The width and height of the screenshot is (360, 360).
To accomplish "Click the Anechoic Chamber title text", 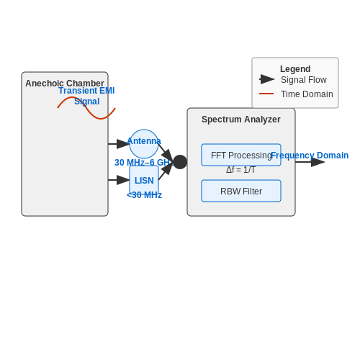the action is [65, 84].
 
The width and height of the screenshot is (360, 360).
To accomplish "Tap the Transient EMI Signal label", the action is [86, 96].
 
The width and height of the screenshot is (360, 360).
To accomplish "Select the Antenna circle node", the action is [144, 144].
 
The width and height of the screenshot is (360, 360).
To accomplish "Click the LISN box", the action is [144, 180].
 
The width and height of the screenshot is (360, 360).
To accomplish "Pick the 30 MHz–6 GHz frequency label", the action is [143, 163].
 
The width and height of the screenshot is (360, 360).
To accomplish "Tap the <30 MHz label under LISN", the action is [144, 195].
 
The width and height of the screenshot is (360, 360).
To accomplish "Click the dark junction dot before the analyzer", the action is [180, 162].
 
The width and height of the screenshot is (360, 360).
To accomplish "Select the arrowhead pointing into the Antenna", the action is [123, 144].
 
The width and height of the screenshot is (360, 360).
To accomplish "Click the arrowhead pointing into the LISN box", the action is [123, 180].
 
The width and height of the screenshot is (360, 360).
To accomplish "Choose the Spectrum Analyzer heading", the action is [241, 120].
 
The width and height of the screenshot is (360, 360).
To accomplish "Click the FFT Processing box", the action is [241, 155].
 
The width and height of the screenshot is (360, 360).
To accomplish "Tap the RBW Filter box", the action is [241, 191].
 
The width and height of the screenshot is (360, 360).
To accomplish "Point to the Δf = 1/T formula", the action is [240, 170].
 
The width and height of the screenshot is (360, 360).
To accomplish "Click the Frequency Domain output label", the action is [310, 156].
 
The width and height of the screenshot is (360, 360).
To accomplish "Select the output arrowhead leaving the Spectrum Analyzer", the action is [318, 162].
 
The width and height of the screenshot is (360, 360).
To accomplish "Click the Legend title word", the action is [295, 69].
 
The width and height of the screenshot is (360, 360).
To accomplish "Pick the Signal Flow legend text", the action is [304, 80].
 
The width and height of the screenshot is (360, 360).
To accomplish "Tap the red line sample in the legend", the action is [266, 94].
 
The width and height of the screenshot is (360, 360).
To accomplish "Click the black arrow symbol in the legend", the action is [267, 79].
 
